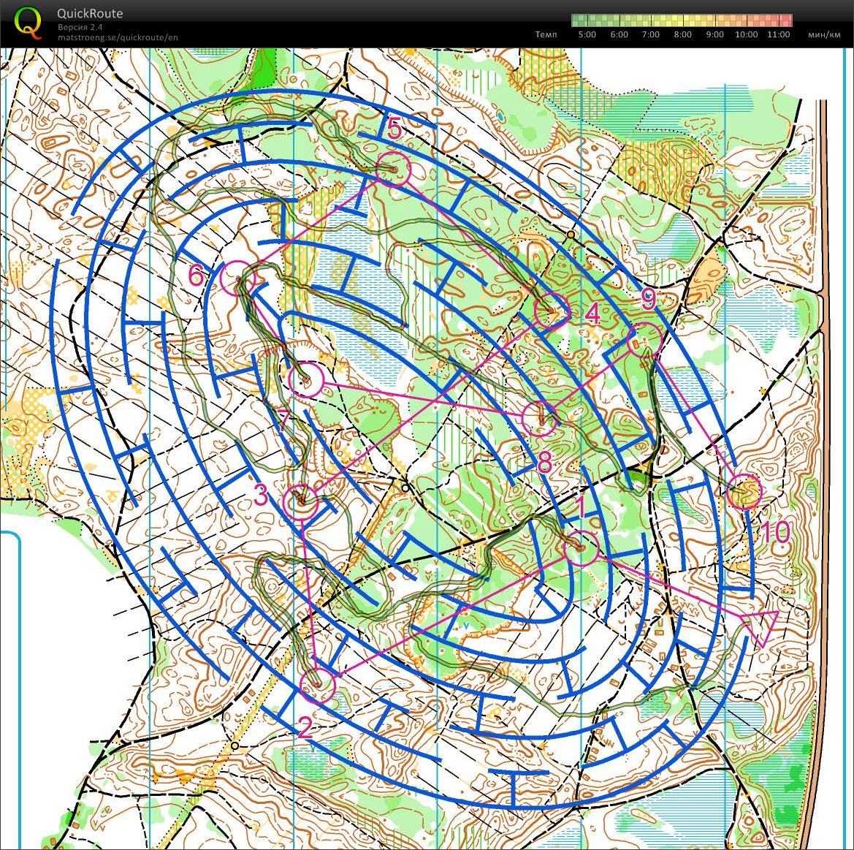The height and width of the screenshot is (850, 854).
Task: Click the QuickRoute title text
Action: pyautogui.click(x=90, y=13)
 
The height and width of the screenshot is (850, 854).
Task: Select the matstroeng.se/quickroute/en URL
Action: pyautogui.click(x=118, y=37)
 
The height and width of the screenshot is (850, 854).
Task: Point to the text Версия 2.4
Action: pyautogui.click(x=80, y=27)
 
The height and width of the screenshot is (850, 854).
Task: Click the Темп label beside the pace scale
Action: pyautogui.click(x=546, y=34)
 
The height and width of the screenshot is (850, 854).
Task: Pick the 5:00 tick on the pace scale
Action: pyautogui.click(x=587, y=34)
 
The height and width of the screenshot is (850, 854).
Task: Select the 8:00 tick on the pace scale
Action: pyautogui.click(x=682, y=34)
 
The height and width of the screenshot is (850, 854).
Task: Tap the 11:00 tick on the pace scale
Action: pyautogui.click(x=779, y=34)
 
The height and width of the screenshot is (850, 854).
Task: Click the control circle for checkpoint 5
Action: pyautogui.click(x=394, y=170)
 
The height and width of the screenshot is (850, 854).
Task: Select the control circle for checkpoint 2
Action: pyautogui.click(x=318, y=686)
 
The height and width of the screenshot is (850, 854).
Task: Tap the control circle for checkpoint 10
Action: pyautogui.click(x=744, y=491)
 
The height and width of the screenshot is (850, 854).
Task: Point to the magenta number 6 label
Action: pyautogui.click(x=196, y=276)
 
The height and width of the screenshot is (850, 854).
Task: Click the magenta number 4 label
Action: pyautogui.click(x=592, y=314)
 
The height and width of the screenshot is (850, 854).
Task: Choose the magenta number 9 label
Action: pyautogui.click(x=648, y=298)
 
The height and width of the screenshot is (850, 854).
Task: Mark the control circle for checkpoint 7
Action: pyautogui.click(x=305, y=380)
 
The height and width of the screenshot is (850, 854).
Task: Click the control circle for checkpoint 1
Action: pyautogui.click(x=581, y=547)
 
